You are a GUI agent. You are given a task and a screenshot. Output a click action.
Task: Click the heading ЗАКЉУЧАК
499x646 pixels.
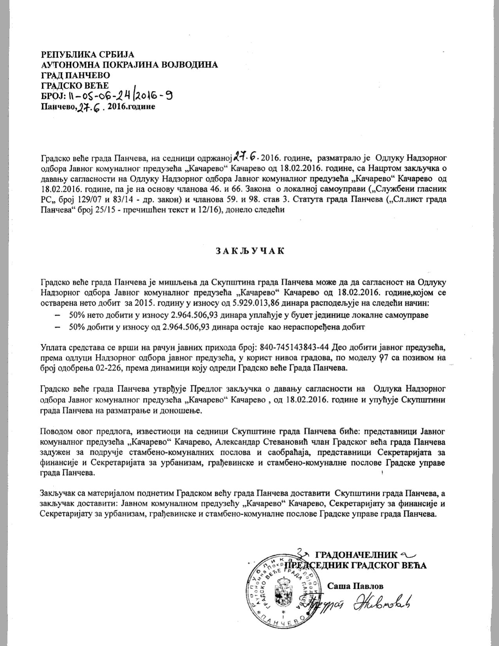click(x=249, y=251)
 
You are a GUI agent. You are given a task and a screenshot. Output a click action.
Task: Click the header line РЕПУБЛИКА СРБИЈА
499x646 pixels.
click(x=88, y=54)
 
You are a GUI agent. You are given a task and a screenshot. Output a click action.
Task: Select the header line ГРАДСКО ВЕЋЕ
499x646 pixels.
click(x=74, y=85)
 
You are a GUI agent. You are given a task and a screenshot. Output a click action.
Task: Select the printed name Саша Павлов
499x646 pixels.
click(x=355, y=586)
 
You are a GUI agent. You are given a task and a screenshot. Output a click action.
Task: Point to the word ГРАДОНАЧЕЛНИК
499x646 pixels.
click(x=356, y=555)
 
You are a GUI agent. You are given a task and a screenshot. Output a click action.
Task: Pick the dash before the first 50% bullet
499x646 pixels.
click(x=58, y=315)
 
